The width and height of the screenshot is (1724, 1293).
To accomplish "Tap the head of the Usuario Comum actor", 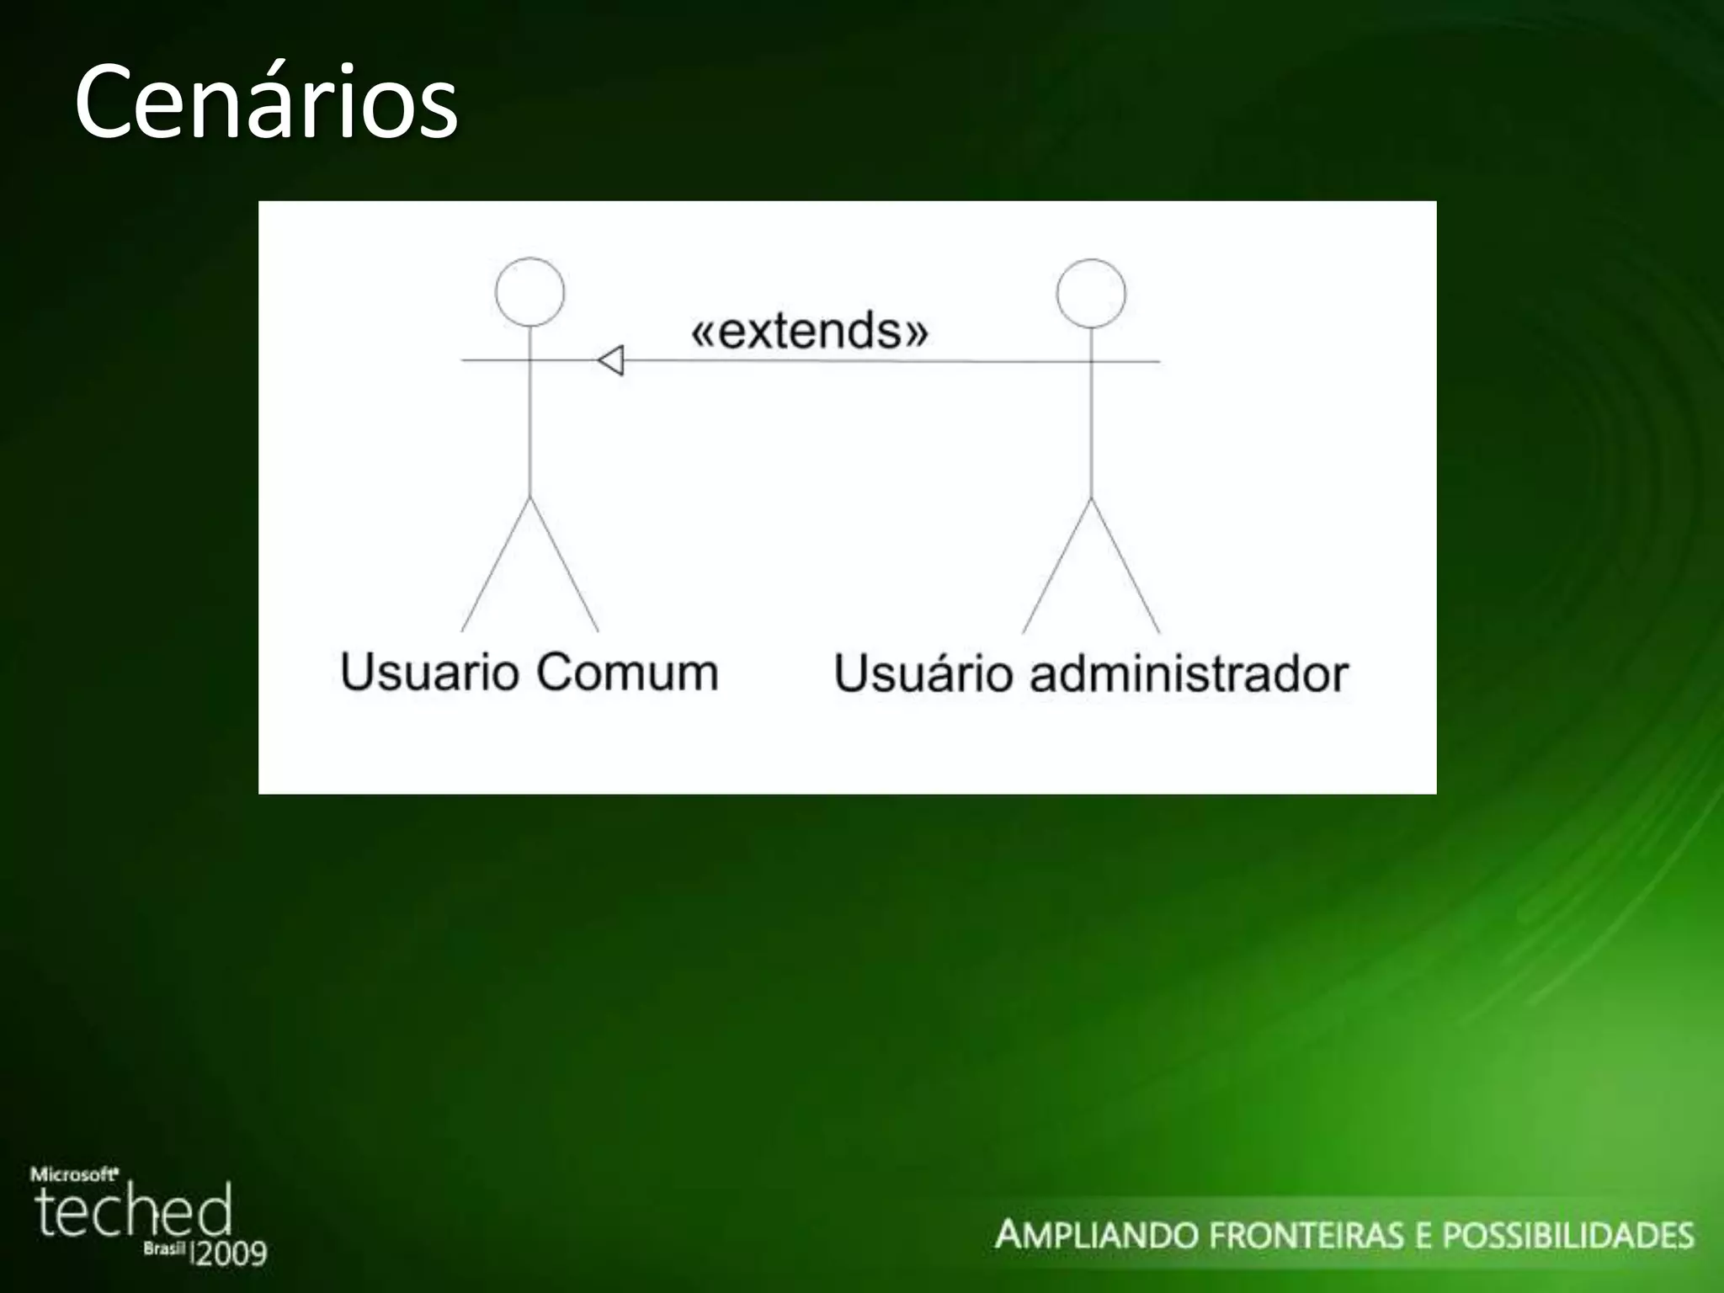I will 529,291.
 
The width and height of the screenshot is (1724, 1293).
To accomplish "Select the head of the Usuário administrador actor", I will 1091,293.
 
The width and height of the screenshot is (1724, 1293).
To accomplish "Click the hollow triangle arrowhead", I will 611,361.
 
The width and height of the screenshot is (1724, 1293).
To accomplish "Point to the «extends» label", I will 810,330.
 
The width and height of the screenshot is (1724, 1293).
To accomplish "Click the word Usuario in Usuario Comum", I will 429,672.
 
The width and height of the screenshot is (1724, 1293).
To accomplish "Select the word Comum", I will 627,672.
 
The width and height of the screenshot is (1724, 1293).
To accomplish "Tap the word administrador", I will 1189,673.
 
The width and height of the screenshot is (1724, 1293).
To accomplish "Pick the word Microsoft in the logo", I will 74,1174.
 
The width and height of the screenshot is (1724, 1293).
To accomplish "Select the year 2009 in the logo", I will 231,1253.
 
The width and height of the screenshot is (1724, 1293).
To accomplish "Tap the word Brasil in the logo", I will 163,1248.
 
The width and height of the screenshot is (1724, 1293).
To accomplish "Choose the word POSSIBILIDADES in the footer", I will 1567,1235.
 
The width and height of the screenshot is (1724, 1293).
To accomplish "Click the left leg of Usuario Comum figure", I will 496,564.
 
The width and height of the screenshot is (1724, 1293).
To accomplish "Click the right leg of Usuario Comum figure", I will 564,564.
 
